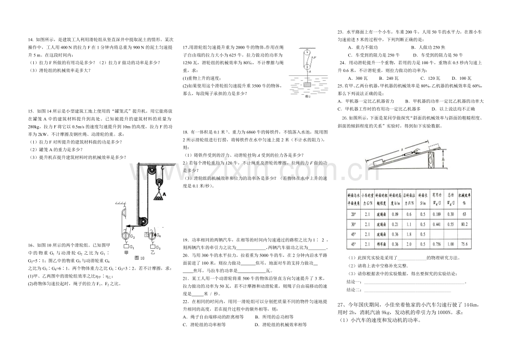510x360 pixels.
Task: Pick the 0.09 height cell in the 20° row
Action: coord(394,214)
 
